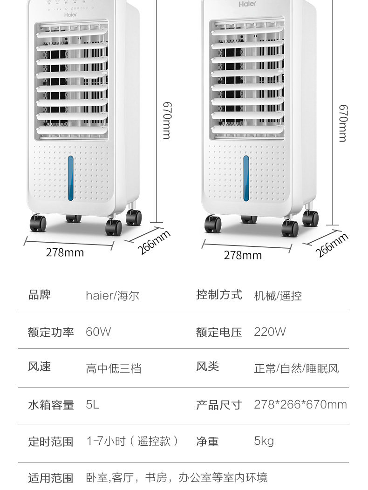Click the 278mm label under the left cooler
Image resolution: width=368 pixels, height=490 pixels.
click(x=65, y=252)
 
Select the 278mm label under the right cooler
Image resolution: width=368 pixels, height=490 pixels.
click(x=243, y=255)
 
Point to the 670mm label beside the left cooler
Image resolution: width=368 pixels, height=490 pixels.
click(x=166, y=121)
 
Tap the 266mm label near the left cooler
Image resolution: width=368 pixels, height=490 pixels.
click(x=153, y=242)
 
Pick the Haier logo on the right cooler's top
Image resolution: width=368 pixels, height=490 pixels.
click(x=247, y=4)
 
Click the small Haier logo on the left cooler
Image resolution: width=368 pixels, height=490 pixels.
click(x=70, y=14)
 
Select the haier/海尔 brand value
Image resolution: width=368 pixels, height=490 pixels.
click(x=112, y=295)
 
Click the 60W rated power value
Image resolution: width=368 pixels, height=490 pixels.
click(x=98, y=332)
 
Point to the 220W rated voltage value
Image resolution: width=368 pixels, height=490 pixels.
click(x=270, y=332)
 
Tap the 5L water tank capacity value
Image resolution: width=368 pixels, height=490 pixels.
click(x=93, y=405)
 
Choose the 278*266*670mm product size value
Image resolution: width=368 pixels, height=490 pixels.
click(x=300, y=404)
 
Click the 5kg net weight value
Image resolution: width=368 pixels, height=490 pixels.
click(x=264, y=441)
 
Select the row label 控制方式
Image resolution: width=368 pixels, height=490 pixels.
click(x=219, y=295)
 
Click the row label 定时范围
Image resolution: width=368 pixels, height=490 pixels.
click(x=51, y=442)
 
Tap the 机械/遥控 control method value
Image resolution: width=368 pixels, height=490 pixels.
click(x=278, y=295)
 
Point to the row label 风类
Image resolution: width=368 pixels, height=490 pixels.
click(x=207, y=367)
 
